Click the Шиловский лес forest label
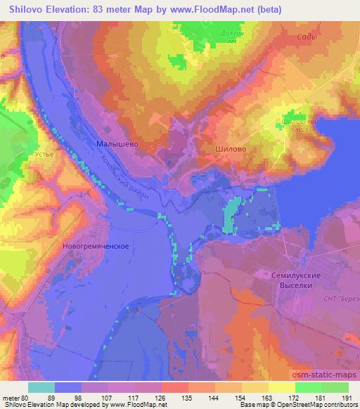point(297,123)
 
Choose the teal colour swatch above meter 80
point(41,387)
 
